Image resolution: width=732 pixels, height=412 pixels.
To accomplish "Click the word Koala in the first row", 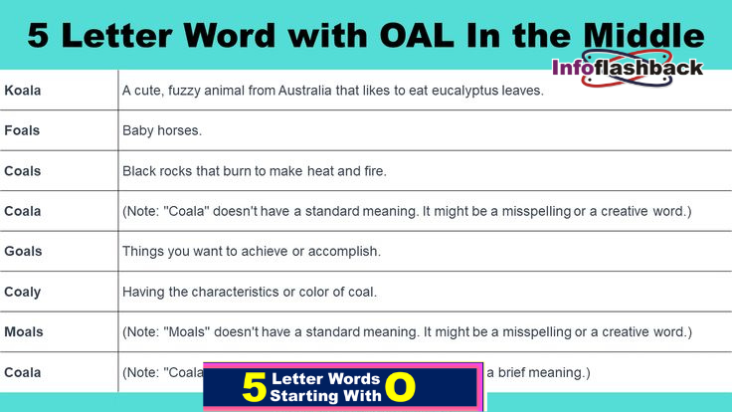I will (23, 91).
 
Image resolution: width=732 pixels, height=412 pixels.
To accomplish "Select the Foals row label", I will (22, 130).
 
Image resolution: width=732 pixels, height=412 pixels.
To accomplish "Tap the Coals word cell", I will (23, 171).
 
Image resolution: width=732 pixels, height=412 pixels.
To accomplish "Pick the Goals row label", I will (23, 252).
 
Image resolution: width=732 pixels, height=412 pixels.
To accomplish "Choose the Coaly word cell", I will (23, 292).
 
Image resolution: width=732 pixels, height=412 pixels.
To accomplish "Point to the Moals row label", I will (23, 331).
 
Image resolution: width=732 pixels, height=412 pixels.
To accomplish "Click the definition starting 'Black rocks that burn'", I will (254, 171).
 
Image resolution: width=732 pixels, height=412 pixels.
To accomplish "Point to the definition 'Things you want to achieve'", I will (252, 252).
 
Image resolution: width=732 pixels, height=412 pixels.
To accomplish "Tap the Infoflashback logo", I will (628, 68).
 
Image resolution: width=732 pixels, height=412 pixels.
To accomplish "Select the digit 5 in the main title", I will (39, 37).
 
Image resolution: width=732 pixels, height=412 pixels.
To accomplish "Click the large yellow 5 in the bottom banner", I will (255, 387).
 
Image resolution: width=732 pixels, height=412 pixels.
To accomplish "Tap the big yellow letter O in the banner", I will (401, 387).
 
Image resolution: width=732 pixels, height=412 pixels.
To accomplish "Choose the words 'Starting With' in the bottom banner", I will (325, 395).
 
